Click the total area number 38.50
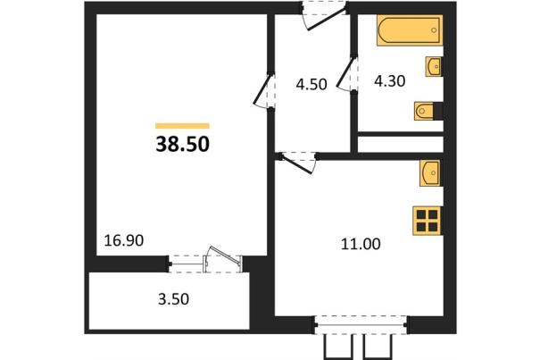[x=182, y=144]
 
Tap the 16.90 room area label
[x=124, y=240]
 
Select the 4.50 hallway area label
[x=312, y=85]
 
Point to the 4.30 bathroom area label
[x=390, y=81]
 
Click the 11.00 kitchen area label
[x=361, y=244]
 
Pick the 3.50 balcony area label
[x=173, y=299]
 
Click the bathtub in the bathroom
[x=410, y=30]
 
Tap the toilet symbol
[x=424, y=111]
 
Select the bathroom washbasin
[x=434, y=66]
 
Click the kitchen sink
[x=430, y=173]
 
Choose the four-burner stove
[x=427, y=221]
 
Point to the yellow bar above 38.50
[x=182, y=126]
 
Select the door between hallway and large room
[x=262, y=90]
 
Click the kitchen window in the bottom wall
[x=361, y=325]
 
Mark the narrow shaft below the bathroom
[x=401, y=144]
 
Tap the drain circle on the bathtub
[x=434, y=30]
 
